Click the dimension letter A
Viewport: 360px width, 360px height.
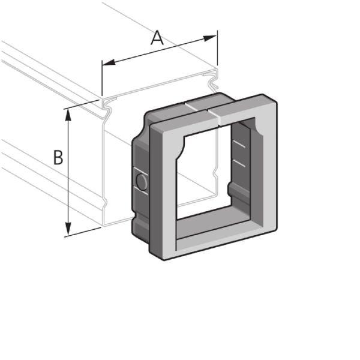click(x=157, y=38)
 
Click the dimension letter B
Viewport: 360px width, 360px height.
click(x=58, y=157)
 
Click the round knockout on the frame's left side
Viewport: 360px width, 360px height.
click(x=142, y=181)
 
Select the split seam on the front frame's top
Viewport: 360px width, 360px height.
click(x=209, y=113)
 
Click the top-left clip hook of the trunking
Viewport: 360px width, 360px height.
click(x=108, y=108)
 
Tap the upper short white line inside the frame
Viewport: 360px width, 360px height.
click(x=239, y=145)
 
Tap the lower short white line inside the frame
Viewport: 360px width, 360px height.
click(x=239, y=163)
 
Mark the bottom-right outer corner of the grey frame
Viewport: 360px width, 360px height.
click(x=277, y=227)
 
